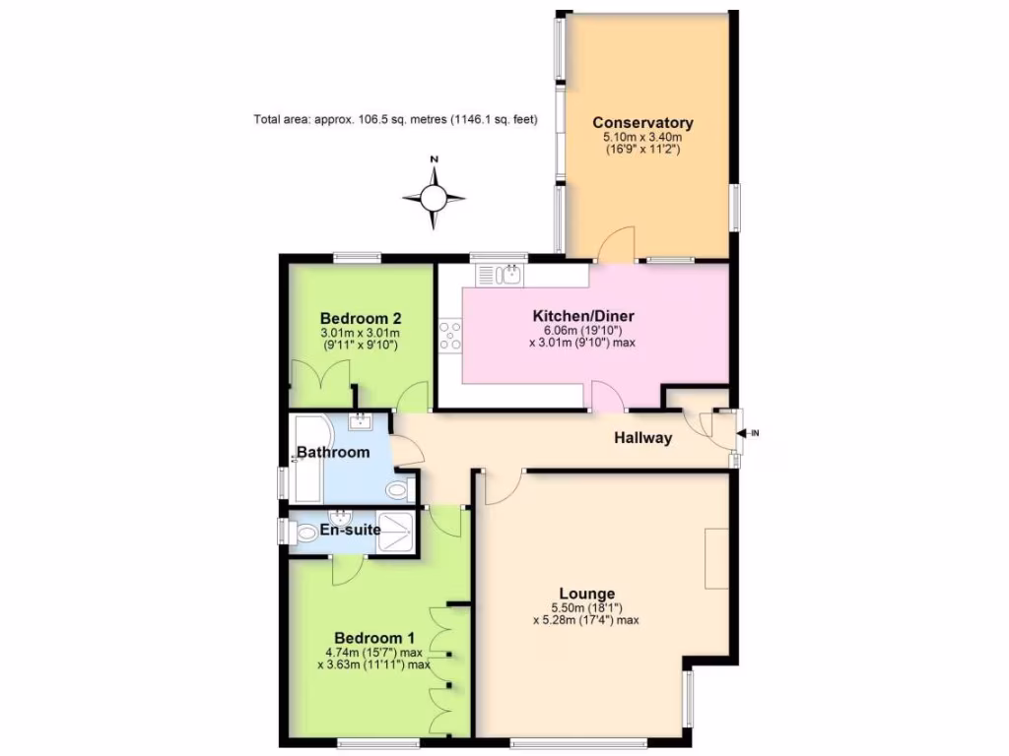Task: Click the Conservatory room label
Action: click(x=642, y=123)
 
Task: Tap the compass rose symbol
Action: click(x=434, y=198)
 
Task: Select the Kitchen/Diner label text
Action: click(x=583, y=316)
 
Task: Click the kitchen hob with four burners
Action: click(x=450, y=336)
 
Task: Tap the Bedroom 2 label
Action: click(x=361, y=319)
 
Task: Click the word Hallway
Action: click(x=643, y=438)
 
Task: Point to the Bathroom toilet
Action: click(x=398, y=489)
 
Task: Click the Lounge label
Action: click(x=587, y=594)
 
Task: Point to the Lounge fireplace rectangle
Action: click(x=717, y=558)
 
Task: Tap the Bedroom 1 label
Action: click(x=368, y=638)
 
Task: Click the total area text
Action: click(x=395, y=121)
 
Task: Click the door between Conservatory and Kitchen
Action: click(x=617, y=246)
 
